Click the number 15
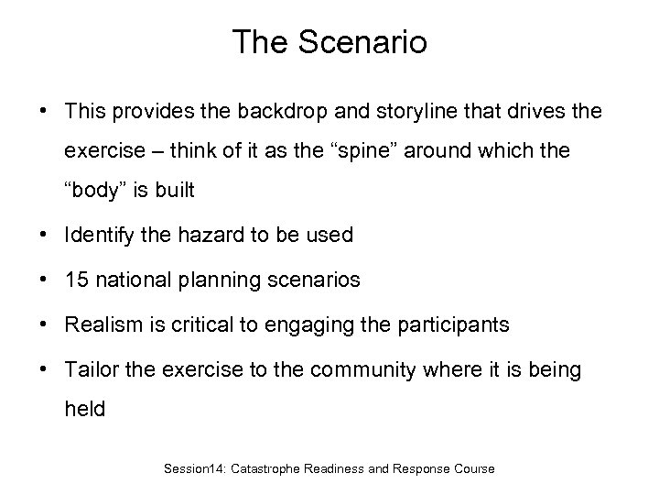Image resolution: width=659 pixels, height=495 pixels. pos(77,280)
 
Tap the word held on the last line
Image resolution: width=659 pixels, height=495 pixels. pos(84,410)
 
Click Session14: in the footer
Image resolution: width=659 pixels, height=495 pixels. pos(196,468)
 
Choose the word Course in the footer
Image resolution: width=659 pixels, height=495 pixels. pos(473,468)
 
